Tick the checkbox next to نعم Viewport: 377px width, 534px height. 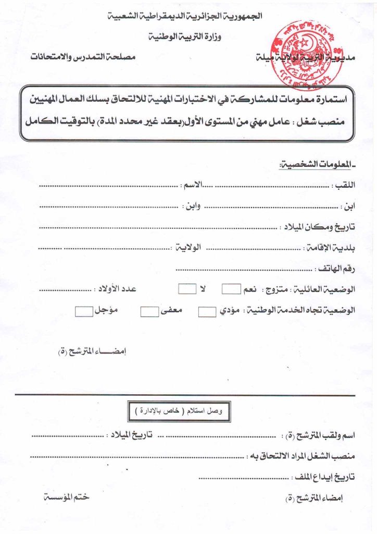pos(231,289)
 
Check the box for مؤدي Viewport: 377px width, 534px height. pos(207,312)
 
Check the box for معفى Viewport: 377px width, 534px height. pos(149,312)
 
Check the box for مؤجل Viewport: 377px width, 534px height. pos(83,311)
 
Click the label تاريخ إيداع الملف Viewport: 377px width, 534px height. pos(328,476)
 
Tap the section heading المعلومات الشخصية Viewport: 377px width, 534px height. pos(317,165)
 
